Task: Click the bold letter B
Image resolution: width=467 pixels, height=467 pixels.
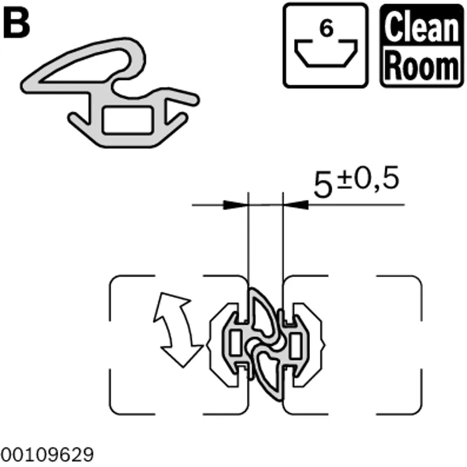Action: point(16,25)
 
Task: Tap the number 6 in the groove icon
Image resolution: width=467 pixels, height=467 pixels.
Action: point(326,29)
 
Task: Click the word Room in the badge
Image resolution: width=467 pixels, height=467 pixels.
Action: point(421,65)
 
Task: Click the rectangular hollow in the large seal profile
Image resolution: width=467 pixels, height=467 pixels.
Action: point(127,120)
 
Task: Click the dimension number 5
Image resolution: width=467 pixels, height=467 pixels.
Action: point(323,186)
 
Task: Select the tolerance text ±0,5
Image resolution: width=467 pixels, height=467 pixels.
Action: point(368,180)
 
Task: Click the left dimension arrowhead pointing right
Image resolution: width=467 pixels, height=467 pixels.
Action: point(235,205)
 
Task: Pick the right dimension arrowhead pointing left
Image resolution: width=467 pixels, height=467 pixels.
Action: point(295,205)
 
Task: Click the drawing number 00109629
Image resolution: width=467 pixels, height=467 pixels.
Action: point(47,454)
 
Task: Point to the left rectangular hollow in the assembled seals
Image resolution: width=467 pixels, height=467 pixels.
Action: point(236,343)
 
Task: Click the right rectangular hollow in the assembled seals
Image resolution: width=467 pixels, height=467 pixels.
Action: point(295,346)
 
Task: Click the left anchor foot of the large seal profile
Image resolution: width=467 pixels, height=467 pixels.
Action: point(78,121)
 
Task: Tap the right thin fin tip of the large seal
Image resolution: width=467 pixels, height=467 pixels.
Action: point(194,99)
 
